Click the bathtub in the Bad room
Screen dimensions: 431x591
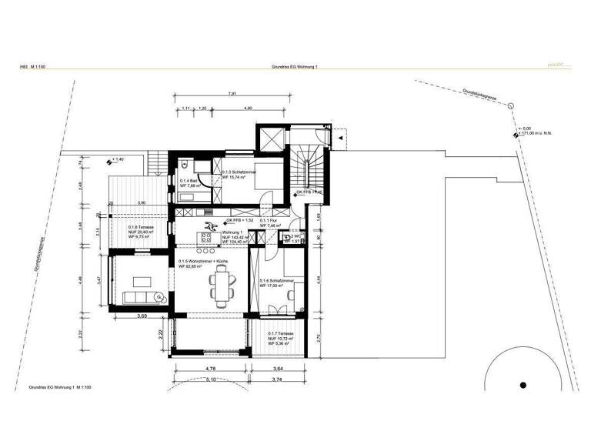pos(189,197)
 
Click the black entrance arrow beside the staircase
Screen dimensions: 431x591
pos(338,137)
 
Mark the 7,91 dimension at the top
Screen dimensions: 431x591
pos(232,94)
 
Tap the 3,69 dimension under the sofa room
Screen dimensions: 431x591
pos(142,316)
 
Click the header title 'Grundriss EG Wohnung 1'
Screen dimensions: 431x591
pos(295,68)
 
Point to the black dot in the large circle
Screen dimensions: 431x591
pos(523,386)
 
